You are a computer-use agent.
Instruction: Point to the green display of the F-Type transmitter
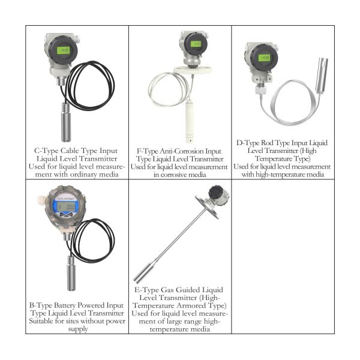196,44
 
